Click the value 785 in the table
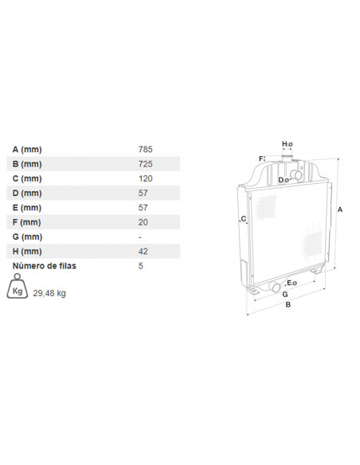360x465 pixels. pyautogui.click(x=145, y=149)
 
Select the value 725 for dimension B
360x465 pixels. pyautogui.click(x=145, y=164)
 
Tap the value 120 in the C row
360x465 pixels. pyautogui.click(x=145, y=178)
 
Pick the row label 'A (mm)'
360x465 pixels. pyautogui.click(x=27, y=150)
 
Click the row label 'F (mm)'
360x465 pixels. pyautogui.click(x=27, y=222)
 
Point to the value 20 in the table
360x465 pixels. pyautogui.click(x=143, y=222)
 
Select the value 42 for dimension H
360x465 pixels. pyautogui.click(x=143, y=251)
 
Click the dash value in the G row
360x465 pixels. pyautogui.click(x=139, y=237)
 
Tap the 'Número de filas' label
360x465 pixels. pyautogui.click(x=44, y=266)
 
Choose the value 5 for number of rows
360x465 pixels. pyautogui.click(x=140, y=266)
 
